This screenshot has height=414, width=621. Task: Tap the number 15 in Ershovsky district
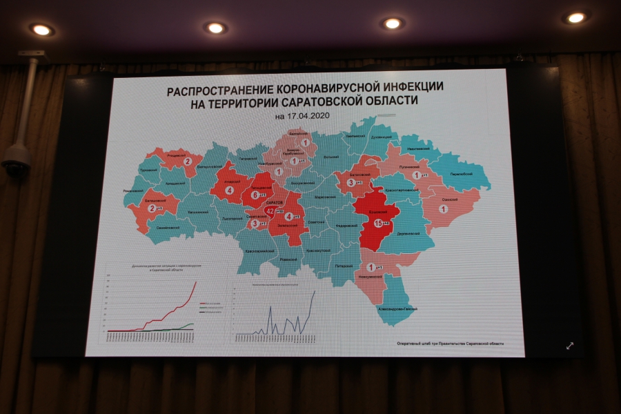click(378, 223)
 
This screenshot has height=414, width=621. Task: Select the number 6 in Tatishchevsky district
click(255, 195)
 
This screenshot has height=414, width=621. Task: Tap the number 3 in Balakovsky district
click(351, 183)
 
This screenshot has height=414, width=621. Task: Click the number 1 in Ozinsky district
click(443, 208)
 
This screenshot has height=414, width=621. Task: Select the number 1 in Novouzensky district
click(371, 268)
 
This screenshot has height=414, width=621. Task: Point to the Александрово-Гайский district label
click(395, 308)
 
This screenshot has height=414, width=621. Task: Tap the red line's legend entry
click(212, 303)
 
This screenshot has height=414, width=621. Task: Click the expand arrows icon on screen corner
click(571, 346)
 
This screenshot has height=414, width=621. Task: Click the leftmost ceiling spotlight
click(41, 30)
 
